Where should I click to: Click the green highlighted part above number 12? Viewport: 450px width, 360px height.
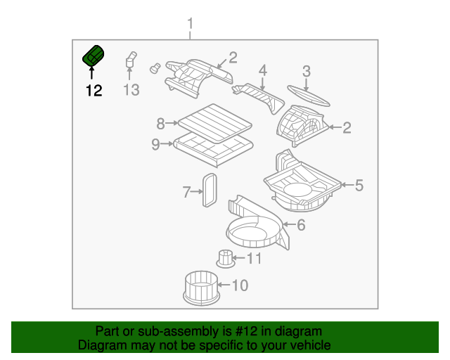click(93, 56)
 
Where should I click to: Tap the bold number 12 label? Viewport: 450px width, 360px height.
click(94, 90)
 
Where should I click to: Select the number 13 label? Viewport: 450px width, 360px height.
click(131, 90)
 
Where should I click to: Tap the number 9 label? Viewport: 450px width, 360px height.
click(155, 145)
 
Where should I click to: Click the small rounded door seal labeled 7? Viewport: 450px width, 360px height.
click(210, 188)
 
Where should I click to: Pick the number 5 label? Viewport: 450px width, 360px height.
click(359, 186)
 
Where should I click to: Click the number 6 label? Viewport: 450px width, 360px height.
click(301, 225)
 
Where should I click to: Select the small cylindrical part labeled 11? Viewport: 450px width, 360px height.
click(225, 258)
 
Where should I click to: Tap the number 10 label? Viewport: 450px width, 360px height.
click(240, 285)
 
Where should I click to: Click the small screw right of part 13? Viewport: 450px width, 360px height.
click(155, 68)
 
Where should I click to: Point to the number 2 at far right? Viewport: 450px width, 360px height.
click(346, 127)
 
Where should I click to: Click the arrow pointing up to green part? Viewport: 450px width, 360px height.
click(91, 72)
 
